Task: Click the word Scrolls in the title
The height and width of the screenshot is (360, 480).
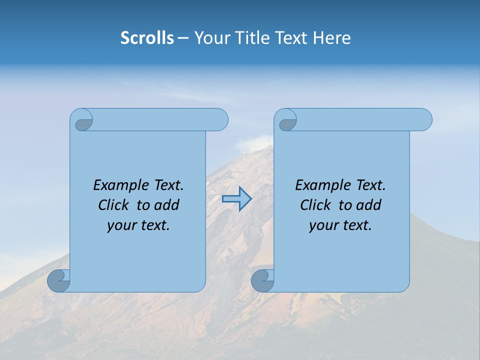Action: point(147,38)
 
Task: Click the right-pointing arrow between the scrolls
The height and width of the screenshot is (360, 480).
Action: point(236,199)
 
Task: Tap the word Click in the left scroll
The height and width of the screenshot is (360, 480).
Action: point(115,205)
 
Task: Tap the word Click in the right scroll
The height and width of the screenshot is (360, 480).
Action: point(317,205)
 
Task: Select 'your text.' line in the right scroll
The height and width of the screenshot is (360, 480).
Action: point(340,225)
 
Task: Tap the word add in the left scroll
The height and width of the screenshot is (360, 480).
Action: point(166,205)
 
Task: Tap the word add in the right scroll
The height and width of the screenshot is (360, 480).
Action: point(368,205)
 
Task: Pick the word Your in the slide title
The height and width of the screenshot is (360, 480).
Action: point(209,38)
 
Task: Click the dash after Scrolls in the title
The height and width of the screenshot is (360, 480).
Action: point(183,38)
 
